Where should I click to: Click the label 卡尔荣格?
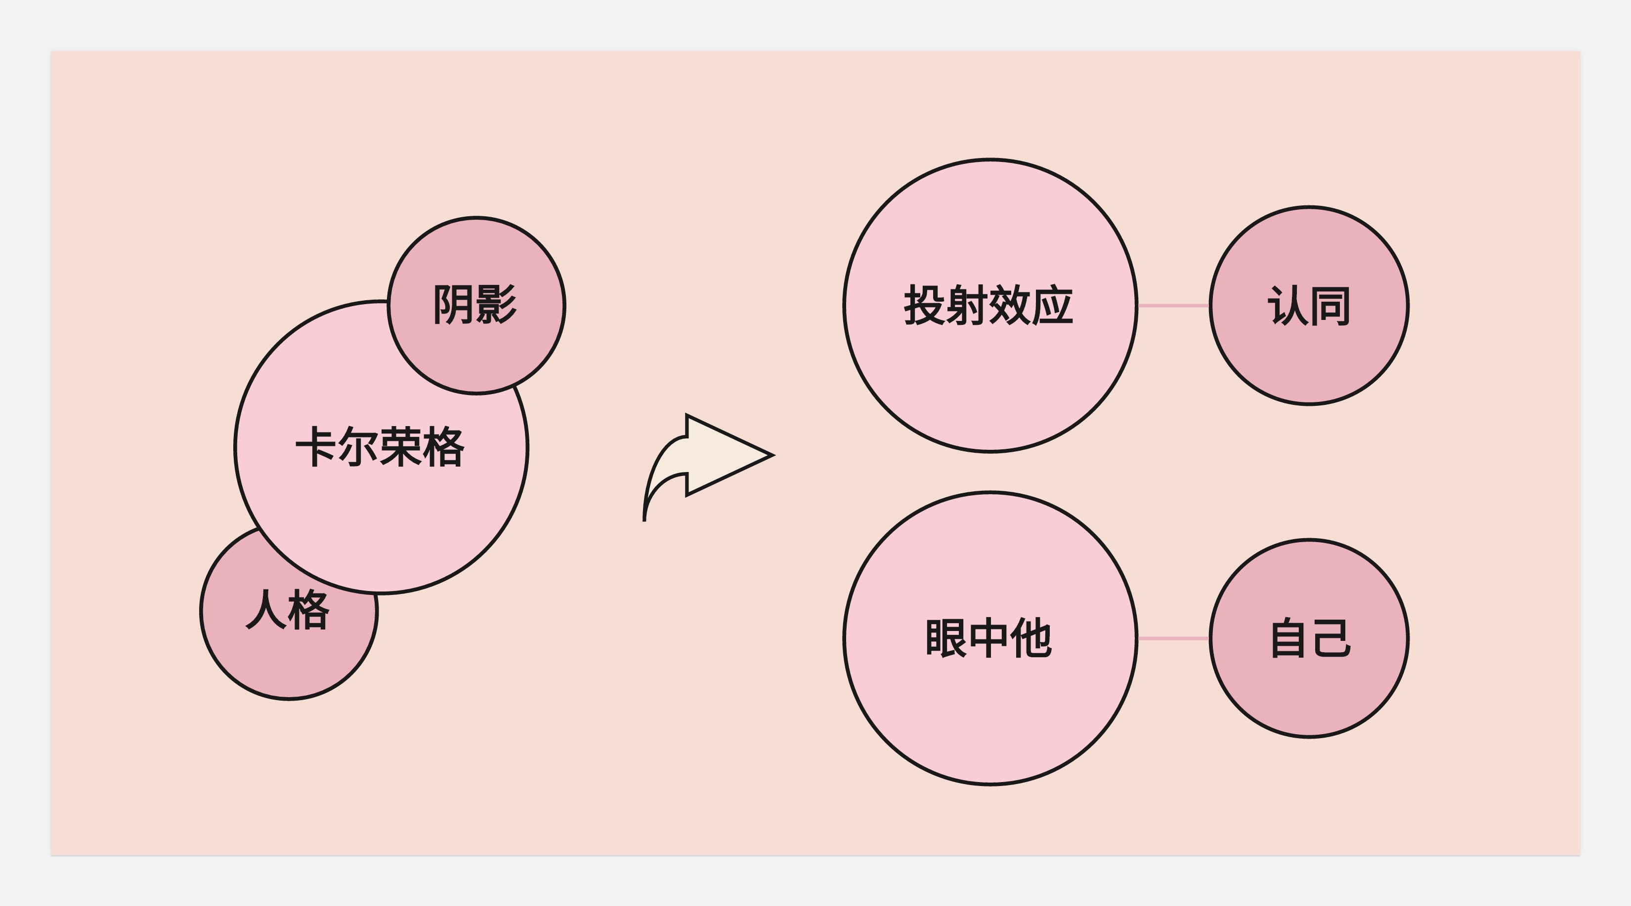pyautogui.click(x=381, y=447)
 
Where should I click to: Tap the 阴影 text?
pyautogui.click(x=475, y=305)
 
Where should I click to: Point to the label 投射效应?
pyautogui.click(x=988, y=306)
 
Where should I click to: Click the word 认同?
pyautogui.click(x=1309, y=306)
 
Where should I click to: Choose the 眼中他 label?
pyautogui.click(x=988, y=638)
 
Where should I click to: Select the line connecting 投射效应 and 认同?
pyautogui.click(x=1173, y=306)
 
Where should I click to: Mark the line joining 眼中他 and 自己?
pyautogui.click(x=1173, y=638)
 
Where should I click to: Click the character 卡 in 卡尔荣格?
pyautogui.click(x=315, y=447)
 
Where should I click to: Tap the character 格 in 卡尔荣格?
pyautogui.click(x=444, y=447)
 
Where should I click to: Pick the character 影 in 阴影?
pyautogui.click(x=496, y=305)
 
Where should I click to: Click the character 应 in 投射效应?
pyautogui.click(x=1052, y=306)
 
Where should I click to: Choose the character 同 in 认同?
pyautogui.click(x=1330, y=306)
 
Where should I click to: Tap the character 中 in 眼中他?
pyautogui.click(x=988, y=638)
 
